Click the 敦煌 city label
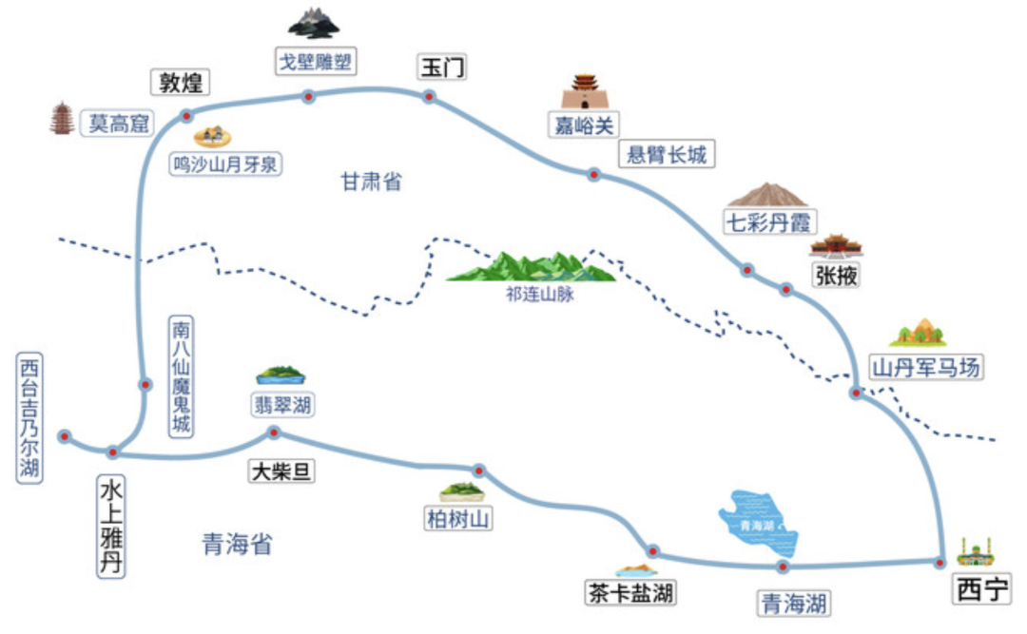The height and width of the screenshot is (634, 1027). coord(180,83)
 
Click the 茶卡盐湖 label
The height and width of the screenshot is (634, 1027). coord(630,594)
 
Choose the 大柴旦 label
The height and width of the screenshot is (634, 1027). coord(281,471)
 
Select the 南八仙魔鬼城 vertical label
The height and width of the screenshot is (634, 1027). coord(181,376)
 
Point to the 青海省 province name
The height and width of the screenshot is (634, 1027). coord(238,544)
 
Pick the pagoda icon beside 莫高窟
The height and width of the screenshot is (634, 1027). coord(63,119)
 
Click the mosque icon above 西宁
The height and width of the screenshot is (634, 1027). coord(975,550)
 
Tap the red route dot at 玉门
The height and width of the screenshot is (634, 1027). coord(429,96)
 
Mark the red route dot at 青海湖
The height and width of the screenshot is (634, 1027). coord(783,567)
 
